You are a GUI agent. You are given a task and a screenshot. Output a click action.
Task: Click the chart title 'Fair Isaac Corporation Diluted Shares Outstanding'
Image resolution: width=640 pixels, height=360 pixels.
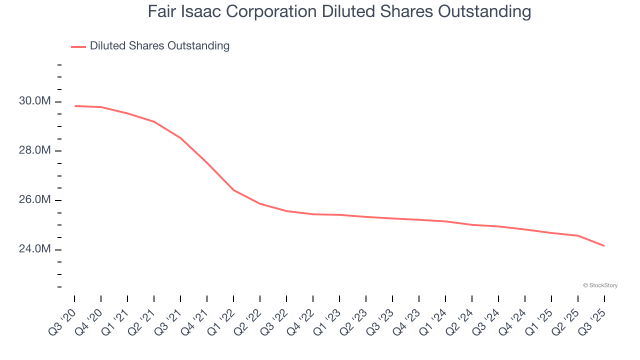(339, 11)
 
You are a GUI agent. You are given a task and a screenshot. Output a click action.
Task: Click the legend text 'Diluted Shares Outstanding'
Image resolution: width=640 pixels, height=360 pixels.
(159, 46)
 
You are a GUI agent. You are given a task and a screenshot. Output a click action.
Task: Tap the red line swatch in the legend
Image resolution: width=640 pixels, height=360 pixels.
(78, 46)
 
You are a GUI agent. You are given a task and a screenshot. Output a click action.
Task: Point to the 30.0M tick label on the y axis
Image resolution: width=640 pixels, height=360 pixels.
(34, 101)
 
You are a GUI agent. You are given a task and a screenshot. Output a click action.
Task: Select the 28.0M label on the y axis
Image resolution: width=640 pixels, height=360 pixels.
(34, 150)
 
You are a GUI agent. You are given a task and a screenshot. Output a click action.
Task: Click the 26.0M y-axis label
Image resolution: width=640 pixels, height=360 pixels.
(34, 200)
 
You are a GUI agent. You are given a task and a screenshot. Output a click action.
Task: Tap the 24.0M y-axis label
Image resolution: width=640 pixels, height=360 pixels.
(34, 249)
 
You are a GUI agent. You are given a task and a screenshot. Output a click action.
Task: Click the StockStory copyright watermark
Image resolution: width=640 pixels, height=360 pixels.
(600, 285)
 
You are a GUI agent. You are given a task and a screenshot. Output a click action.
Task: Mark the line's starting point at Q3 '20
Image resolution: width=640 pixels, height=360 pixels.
(74, 106)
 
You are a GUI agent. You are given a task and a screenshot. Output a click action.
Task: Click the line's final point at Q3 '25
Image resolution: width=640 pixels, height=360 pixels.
(604, 246)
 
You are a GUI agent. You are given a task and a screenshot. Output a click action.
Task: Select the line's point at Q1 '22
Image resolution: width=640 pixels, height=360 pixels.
(233, 190)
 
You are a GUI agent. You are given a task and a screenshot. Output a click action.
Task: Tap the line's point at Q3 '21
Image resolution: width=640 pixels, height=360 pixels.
(180, 138)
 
